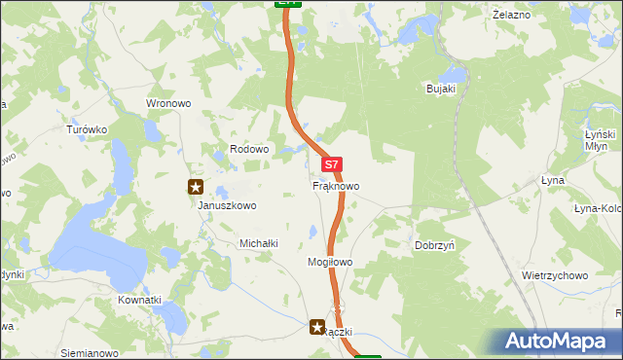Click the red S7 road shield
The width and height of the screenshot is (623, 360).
coord(332,166)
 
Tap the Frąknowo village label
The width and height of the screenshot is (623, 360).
coord(336,185)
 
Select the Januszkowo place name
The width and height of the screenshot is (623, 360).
coord(226,205)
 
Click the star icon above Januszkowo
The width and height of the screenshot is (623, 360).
coord(196,186)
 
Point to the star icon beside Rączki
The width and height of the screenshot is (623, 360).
coord(317,329)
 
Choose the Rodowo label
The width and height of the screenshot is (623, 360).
coord(248,149)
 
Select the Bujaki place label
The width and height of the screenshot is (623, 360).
coord(441,89)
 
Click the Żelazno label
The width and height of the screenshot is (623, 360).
coord(511,15)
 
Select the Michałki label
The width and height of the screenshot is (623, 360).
coord(259,243)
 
